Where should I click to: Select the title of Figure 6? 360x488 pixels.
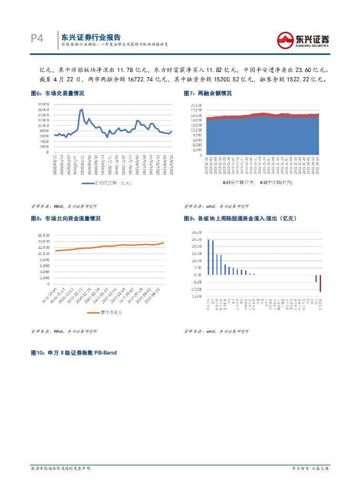click(58, 94)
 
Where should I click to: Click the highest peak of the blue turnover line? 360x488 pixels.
click(82, 109)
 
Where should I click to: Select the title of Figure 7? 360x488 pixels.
click(208, 94)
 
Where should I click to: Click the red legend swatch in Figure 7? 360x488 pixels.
click(261, 183)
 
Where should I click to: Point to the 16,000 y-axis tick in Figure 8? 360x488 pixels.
click(44, 235)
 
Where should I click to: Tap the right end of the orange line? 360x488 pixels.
click(164, 243)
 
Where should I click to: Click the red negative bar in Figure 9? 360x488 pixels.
click(320, 283)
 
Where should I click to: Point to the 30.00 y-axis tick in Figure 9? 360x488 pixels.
click(195, 233)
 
